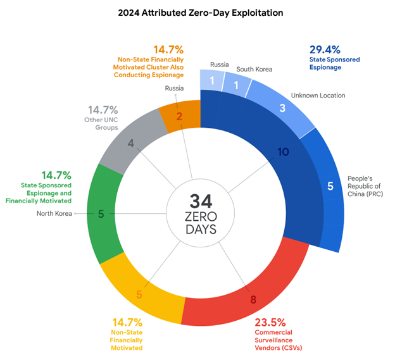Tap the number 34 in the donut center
click(201, 201)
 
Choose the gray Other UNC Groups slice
click(130, 143)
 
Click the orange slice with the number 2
click(179, 116)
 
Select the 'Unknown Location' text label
click(318, 96)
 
